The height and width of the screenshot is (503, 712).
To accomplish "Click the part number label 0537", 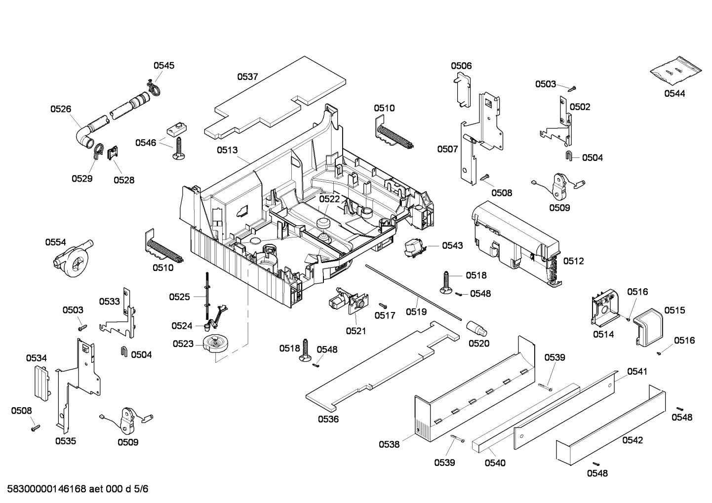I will pos(247,77).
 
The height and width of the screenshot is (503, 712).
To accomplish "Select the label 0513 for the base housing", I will pos(227,150).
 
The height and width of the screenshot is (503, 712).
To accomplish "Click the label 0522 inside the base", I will pos(329,199).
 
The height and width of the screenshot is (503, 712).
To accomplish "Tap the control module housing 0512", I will pos(514,237).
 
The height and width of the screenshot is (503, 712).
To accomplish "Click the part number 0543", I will pos(452,245).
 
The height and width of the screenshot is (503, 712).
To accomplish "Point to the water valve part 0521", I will pos(347,301).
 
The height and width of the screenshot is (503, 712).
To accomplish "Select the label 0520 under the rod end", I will pos(479,343).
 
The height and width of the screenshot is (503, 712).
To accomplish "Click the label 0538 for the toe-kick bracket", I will pos(389,444).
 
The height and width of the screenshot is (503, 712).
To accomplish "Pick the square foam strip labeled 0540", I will pos(523,420).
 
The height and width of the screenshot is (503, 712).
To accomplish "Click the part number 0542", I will pos(633,440).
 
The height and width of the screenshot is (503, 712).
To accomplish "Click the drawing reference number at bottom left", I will pos(75,489).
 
